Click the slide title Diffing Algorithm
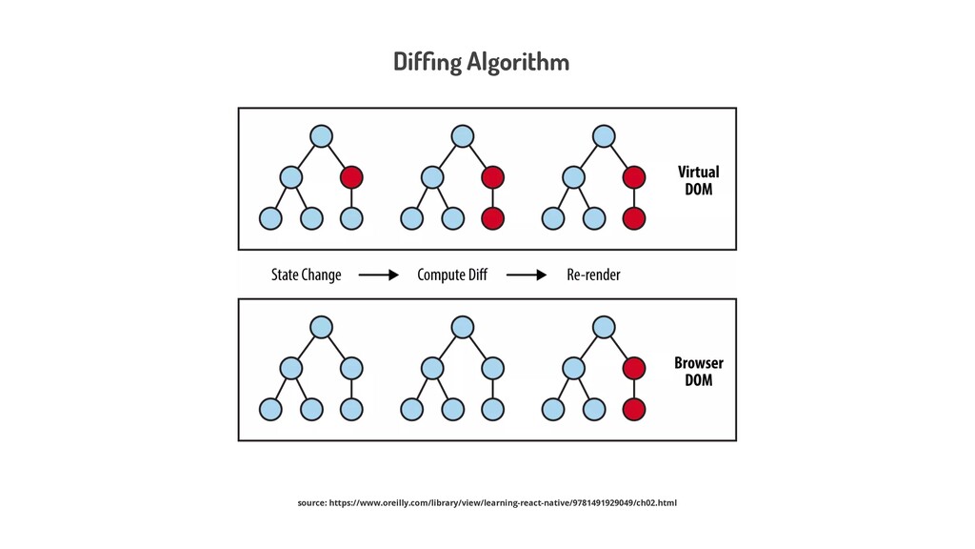(x=481, y=62)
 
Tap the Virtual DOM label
(x=698, y=180)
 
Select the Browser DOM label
(x=698, y=371)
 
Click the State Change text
(x=306, y=274)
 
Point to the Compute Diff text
(x=452, y=274)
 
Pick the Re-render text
(x=593, y=274)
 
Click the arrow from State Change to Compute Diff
(x=378, y=275)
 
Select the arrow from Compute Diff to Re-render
(x=527, y=275)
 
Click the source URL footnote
(x=487, y=502)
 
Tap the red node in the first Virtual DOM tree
(x=351, y=177)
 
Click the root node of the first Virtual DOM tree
(x=322, y=136)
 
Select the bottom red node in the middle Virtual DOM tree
(x=492, y=218)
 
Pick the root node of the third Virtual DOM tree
(x=604, y=136)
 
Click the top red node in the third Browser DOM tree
(x=634, y=368)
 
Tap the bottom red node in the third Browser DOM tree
(x=634, y=409)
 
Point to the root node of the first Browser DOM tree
(x=322, y=327)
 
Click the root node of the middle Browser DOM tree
(x=463, y=327)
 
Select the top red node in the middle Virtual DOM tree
(x=492, y=177)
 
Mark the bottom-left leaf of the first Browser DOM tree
(x=271, y=409)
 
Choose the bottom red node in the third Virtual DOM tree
(x=634, y=218)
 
